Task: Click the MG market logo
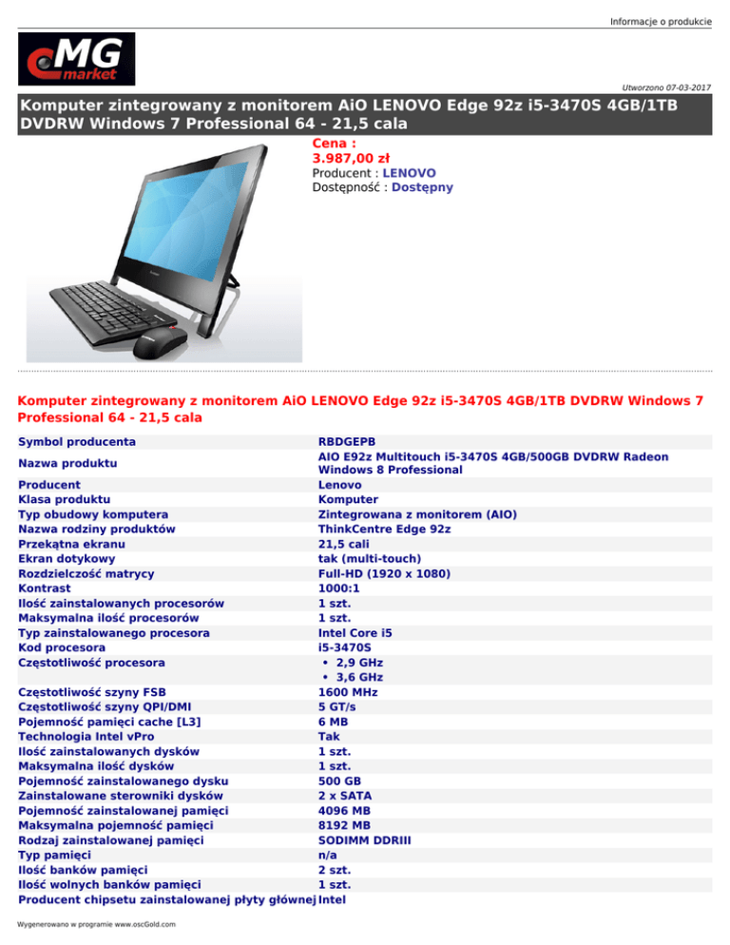click(77, 59)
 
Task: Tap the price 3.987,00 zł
click(351, 159)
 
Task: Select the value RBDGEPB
click(347, 442)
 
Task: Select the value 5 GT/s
click(339, 706)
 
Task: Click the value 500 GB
click(338, 780)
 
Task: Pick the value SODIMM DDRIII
click(364, 840)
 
